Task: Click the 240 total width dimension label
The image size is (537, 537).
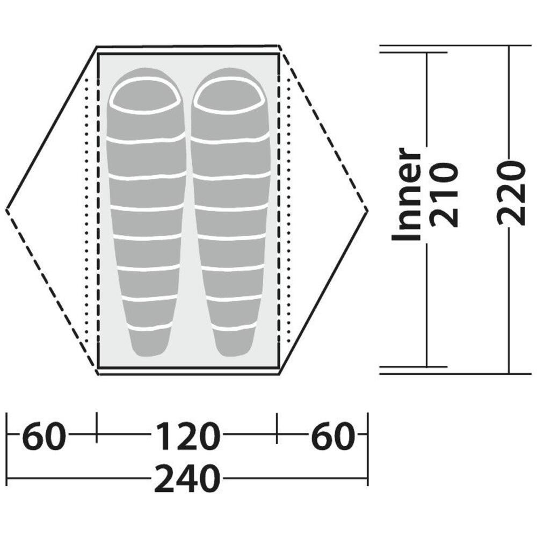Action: [x=187, y=478]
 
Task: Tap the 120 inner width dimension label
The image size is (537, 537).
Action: [x=187, y=436]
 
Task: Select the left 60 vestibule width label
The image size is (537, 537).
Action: [x=43, y=436]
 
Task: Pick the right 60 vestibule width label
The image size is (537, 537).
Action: [x=332, y=436]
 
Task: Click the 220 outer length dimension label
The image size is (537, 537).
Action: [x=511, y=193]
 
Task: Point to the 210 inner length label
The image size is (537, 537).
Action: [x=444, y=194]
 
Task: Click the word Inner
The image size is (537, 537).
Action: [x=406, y=194]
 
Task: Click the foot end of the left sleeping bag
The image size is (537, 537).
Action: [x=150, y=343]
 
